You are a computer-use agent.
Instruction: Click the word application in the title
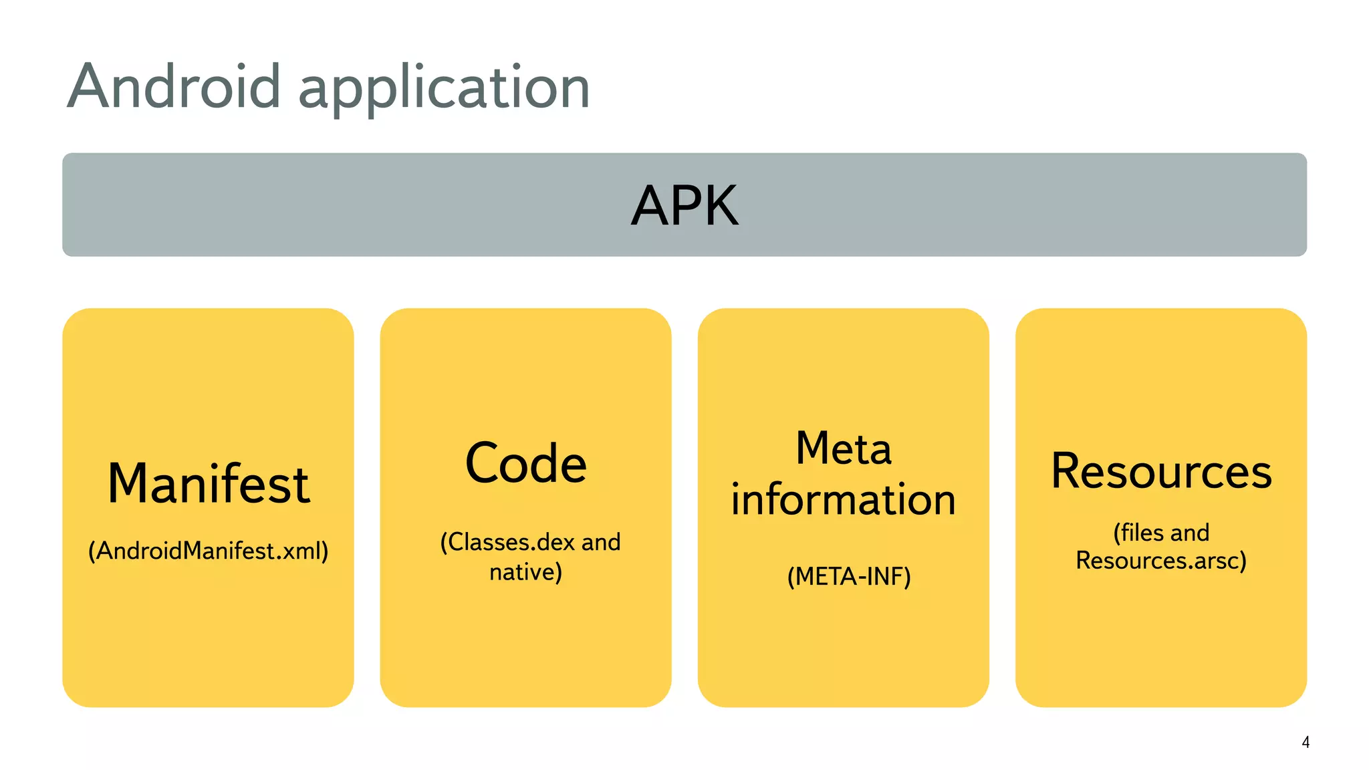point(444,89)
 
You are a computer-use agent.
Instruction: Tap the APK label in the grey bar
point(684,205)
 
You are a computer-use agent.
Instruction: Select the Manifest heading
point(208,483)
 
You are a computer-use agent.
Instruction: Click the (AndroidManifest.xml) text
point(208,551)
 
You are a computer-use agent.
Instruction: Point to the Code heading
point(525,463)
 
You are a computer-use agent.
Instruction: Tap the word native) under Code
point(525,572)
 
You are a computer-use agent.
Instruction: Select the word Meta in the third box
point(843,448)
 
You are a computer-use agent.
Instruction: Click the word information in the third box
point(843,499)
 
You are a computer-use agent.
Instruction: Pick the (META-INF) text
point(848,576)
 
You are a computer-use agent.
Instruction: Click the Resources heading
point(1161,471)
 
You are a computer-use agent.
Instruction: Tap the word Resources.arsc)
point(1161,560)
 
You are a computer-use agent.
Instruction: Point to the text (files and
point(1161,533)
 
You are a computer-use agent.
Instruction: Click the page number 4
point(1305,742)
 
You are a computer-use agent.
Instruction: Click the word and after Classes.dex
point(601,542)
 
